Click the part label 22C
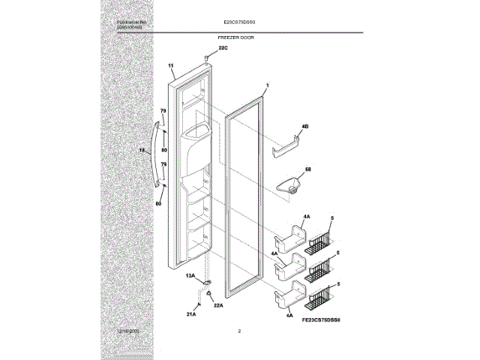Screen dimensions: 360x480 pyautogui.click(x=222, y=48)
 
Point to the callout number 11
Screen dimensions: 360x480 pyautogui.click(x=172, y=67)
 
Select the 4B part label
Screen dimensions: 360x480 pyautogui.click(x=305, y=126)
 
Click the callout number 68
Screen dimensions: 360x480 pyautogui.click(x=307, y=169)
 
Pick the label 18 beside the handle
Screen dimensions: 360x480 pyautogui.click(x=142, y=151)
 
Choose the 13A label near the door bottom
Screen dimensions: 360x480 pyautogui.click(x=190, y=277)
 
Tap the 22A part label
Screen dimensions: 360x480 pyautogui.click(x=219, y=304)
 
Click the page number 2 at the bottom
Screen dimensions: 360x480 pyautogui.click(x=238, y=331)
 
